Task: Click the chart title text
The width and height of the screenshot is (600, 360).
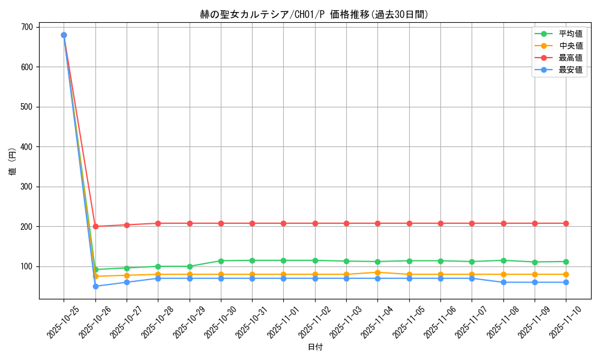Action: (314, 15)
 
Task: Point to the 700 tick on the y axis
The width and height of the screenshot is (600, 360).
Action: (26, 27)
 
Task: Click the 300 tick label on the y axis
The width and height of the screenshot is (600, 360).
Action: (26, 187)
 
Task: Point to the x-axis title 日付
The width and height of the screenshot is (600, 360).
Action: (315, 347)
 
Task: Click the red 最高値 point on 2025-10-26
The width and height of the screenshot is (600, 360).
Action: (95, 226)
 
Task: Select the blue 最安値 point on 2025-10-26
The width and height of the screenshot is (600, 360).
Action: (95, 286)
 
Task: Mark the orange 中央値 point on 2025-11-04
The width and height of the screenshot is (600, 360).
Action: (377, 272)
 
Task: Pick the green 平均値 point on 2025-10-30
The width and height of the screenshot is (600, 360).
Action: (221, 261)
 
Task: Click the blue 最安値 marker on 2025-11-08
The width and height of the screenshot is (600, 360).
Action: (503, 283)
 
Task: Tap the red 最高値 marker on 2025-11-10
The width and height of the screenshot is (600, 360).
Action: (566, 223)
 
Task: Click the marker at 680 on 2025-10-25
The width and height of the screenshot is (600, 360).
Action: (64, 35)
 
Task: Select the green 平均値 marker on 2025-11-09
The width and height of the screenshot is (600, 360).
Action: (535, 262)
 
